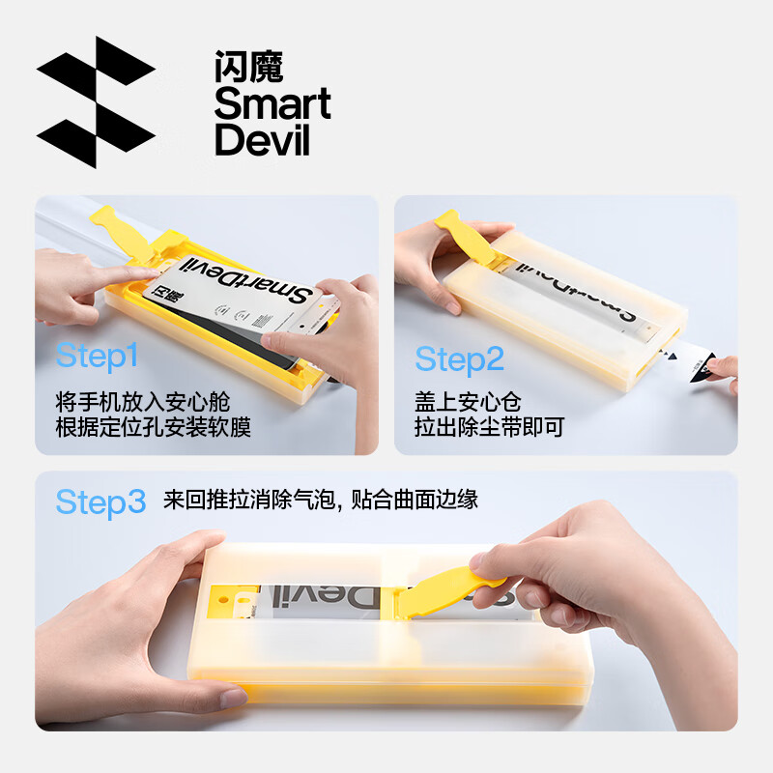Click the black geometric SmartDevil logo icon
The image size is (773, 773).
pyautogui.click(x=96, y=101)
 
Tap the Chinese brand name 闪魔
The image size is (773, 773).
pyautogui.click(x=248, y=67)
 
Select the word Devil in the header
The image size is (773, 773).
pyautogui.click(x=262, y=140)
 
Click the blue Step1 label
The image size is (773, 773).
pyautogui.click(x=98, y=356)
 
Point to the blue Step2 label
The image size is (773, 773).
pyautogui.click(x=460, y=359)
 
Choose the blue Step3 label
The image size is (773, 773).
pyautogui.click(x=100, y=501)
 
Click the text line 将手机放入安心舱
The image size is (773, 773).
pyautogui.click(x=143, y=400)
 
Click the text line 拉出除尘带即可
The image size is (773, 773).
pyautogui.click(x=489, y=427)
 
